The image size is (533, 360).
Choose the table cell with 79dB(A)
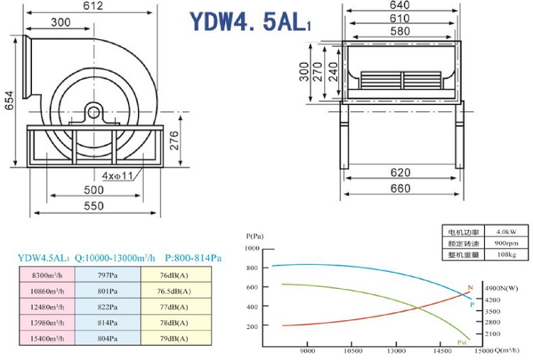pos(176,339)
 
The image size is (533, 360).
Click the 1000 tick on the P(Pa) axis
pos(252,249)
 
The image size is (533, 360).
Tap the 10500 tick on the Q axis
pos(352,351)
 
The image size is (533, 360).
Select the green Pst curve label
pos(461,342)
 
